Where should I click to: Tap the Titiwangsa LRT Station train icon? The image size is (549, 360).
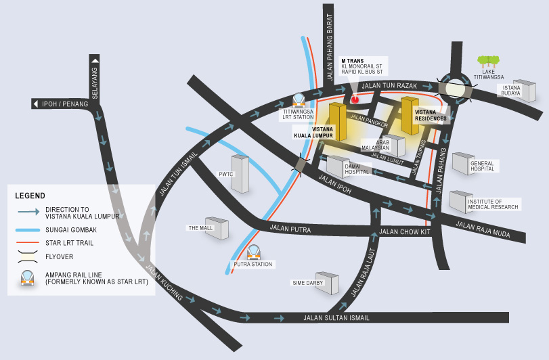point(299,99)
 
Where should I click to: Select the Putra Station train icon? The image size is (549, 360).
point(253,252)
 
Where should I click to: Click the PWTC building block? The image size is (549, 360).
point(240,173)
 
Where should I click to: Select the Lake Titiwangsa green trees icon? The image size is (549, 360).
point(488,62)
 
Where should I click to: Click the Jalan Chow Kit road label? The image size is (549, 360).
point(405,231)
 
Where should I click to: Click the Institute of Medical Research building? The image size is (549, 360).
point(460,200)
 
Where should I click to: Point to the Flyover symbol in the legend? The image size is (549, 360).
point(28,256)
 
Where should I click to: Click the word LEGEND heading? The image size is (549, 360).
point(30,196)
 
